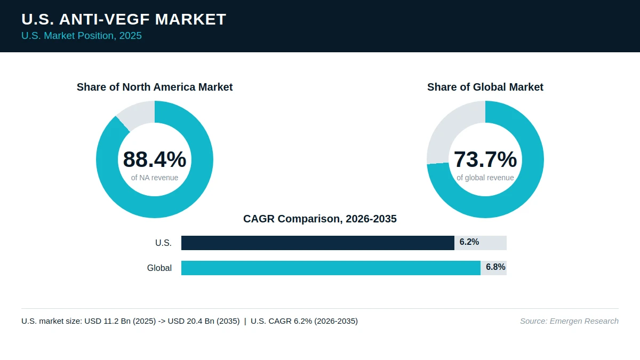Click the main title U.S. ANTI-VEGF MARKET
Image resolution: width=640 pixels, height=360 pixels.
click(x=124, y=19)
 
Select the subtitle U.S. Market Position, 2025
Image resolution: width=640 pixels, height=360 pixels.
click(x=82, y=36)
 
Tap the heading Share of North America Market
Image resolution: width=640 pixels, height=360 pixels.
click(x=155, y=87)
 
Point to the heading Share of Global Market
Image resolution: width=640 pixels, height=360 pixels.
click(x=485, y=87)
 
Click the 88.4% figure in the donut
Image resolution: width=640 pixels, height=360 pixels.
click(x=155, y=159)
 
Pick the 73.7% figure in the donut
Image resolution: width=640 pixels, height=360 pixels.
click(x=485, y=159)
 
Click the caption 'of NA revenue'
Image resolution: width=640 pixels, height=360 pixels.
click(x=155, y=178)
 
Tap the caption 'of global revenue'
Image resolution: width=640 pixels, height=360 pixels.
click(x=485, y=178)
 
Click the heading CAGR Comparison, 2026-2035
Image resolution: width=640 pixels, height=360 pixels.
click(x=319, y=219)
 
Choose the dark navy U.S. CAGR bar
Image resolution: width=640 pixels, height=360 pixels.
click(x=318, y=243)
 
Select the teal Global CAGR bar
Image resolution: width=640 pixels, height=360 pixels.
click(x=331, y=268)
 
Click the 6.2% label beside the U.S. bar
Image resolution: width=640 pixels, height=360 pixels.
click(x=469, y=242)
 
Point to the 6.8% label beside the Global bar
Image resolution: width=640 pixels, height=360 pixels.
click(x=495, y=267)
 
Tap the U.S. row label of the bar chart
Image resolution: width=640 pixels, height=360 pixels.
click(x=163, y=243)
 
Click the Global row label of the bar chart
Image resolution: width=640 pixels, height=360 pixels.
click(x=159, y=268)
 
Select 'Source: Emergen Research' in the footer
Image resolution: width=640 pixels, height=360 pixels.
click(x=569, y=321)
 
